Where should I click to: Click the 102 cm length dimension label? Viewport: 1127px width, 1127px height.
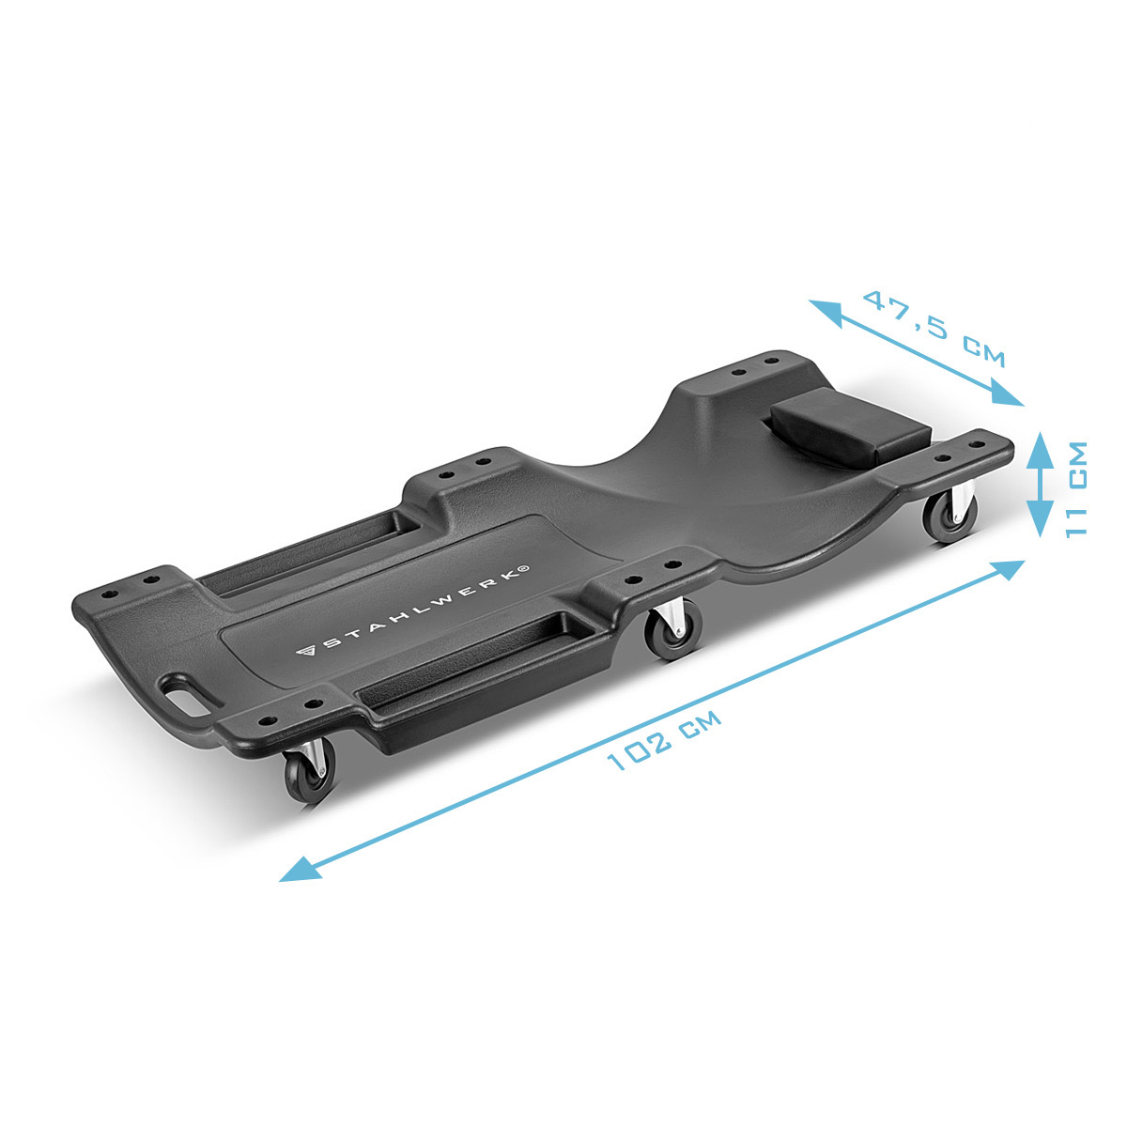(x=663, y=740)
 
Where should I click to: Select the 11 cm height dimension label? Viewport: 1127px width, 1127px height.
(x=1076, y=489)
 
